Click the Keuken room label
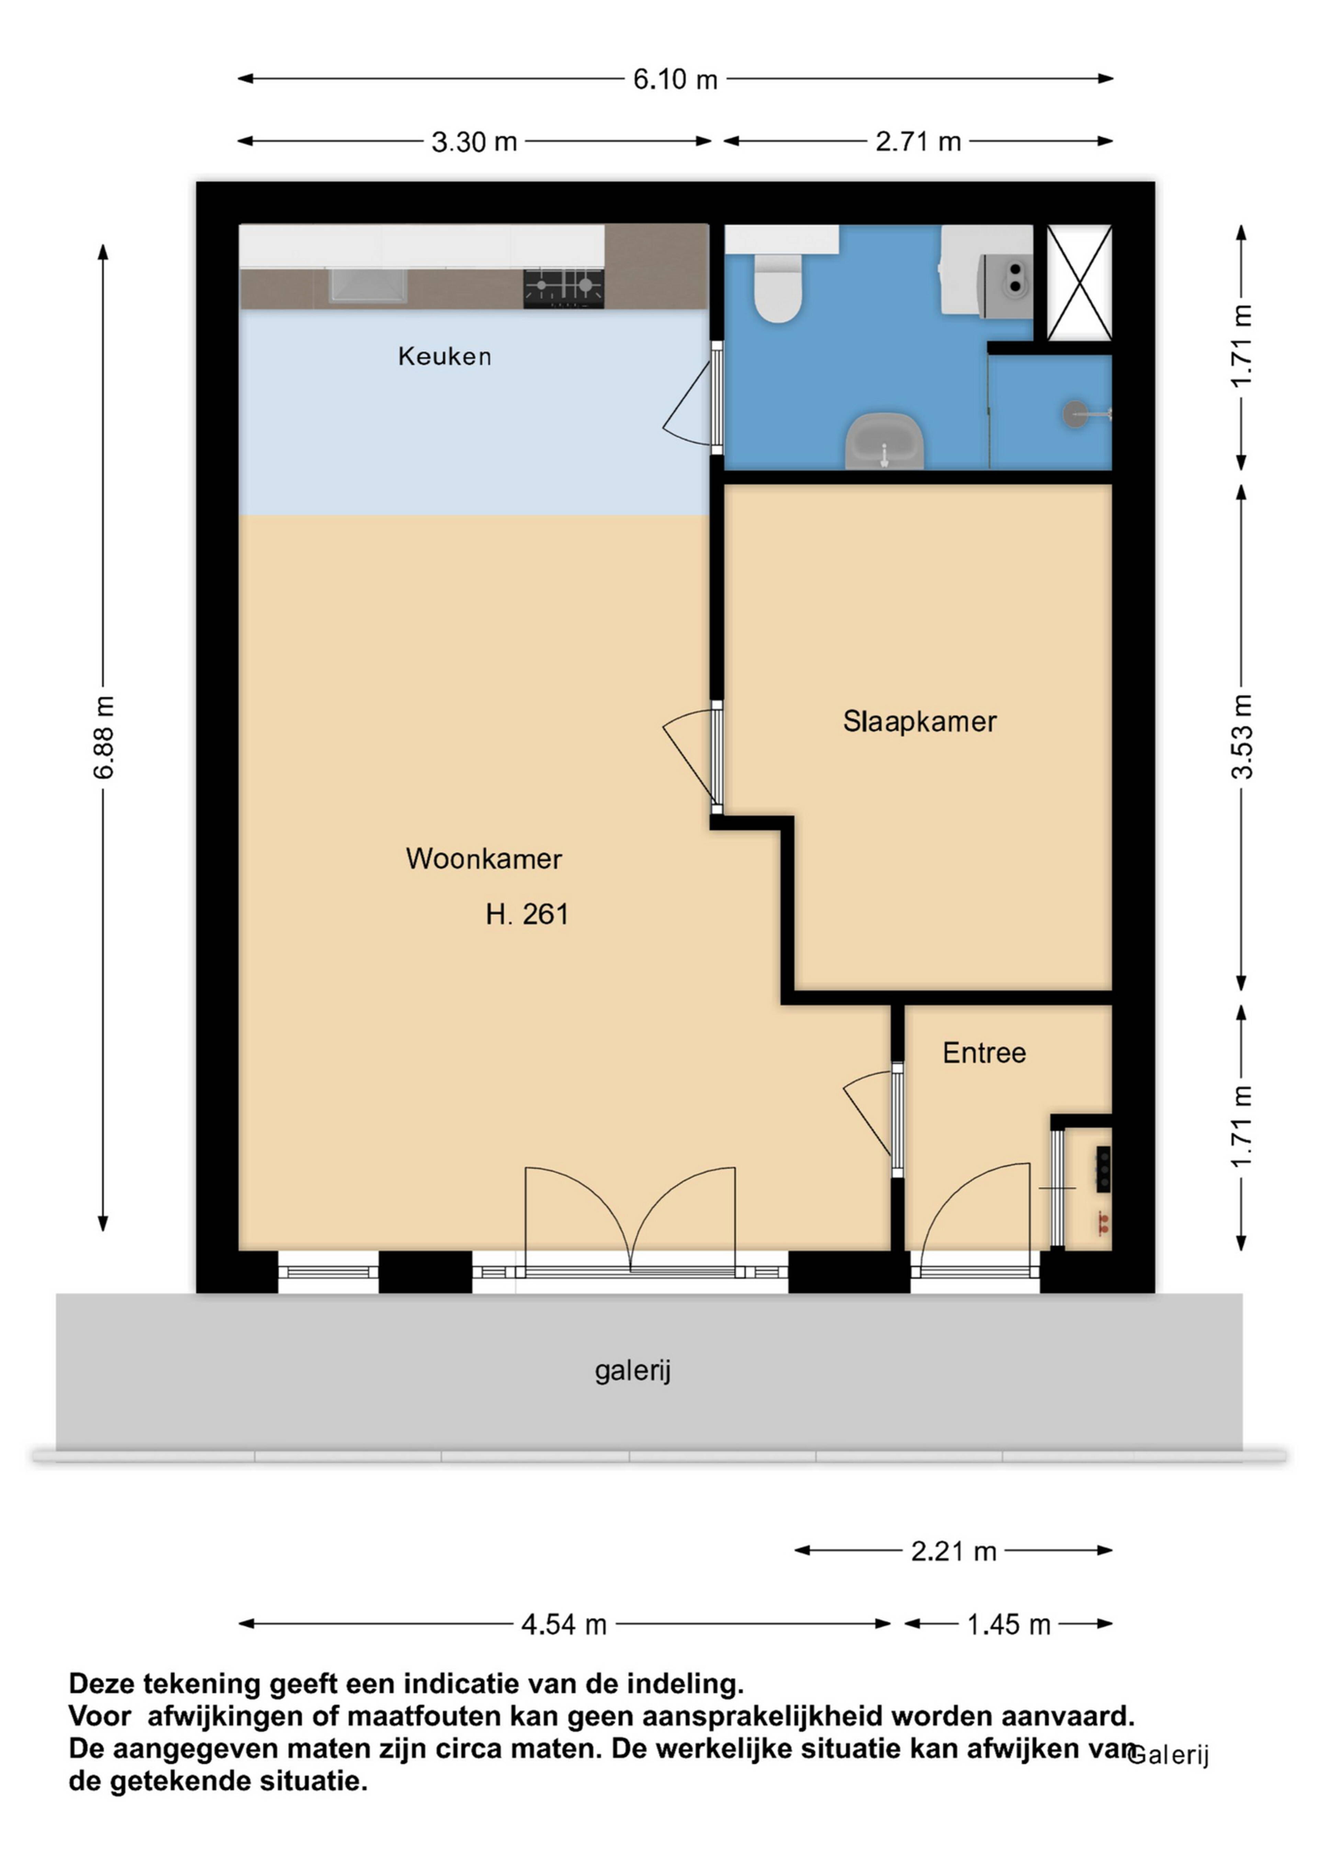click(x=444, y=356)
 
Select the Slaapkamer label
click(x=920, y=722)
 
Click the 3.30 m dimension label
click(x=474, y=142)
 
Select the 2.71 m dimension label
click(x=918, y=142)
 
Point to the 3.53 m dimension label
click(x=1242, y=737)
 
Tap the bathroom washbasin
click(x=884, y=441)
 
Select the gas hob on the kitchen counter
click(x=564, y=288)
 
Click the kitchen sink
click(x=368, y=287)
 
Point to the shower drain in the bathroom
click(x=1074, y=414)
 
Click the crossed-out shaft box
click(x=1079, y=283)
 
